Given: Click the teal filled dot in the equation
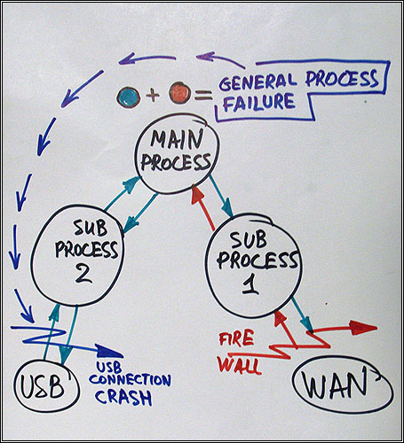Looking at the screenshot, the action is pos(129,97).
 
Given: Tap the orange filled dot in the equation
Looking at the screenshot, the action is pos(179,93).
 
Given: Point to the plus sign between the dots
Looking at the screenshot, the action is pos(153,95).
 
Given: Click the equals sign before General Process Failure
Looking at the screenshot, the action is pos(203,95).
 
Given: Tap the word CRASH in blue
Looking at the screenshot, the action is pos(123,397).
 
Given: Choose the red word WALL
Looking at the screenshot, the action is pos(239,365).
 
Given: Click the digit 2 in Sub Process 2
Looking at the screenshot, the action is pos(83,275).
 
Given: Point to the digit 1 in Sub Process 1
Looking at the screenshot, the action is pos(250,285).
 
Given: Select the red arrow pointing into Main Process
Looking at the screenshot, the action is pos(202,206).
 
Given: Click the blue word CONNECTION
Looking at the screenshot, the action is pos(130,380).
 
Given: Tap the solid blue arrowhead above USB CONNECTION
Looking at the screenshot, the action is pos(109,352).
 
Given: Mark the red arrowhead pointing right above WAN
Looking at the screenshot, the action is pos(363,328).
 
